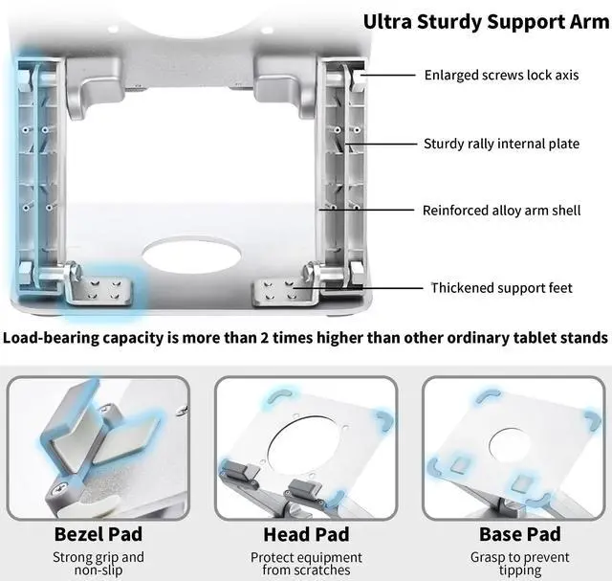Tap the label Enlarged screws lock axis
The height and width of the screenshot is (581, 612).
coord(501,74)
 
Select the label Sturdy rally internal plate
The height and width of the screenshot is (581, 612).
coord(501,144)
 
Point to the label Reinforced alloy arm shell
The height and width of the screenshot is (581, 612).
coord(501,210)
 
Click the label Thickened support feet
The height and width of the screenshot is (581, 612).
coord(501,287)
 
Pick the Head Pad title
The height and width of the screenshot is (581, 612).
coord(306,533)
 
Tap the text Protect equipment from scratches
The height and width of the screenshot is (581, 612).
coord(306,563)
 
